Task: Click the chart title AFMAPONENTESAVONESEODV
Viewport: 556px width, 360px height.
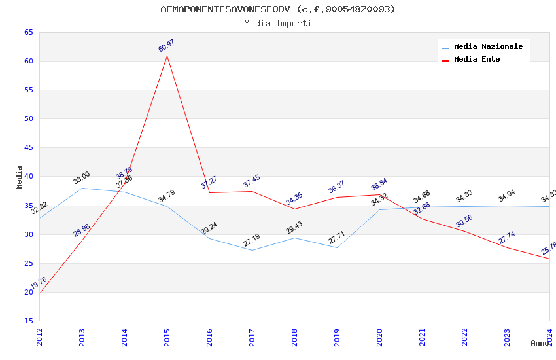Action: click(x=278, y=9)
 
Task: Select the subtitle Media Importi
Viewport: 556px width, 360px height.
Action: click(x=278, y=24)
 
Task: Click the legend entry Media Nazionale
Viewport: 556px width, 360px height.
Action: click(x=488, y=47)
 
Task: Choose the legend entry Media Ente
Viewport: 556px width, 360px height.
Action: click(x=476, y=60)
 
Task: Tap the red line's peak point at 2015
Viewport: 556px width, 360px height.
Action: click(x=167, y=56)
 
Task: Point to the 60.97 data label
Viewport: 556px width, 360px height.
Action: click(x=167, y=46)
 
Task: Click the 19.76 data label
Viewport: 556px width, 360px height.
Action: click(x=39, y=283)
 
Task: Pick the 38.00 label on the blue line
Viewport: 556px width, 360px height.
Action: click(x=82, y=177)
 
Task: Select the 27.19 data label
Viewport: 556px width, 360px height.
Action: click(x=252, y=240)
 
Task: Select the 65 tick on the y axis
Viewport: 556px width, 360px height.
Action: click(x=29, y=32)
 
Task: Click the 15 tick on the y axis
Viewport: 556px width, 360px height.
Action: click(x=29, y=321)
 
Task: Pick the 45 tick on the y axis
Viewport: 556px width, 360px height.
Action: click(x=29, y=148)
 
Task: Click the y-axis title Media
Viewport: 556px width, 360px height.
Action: click(x=20, y=177)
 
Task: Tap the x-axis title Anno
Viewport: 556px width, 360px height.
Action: click(x=540, y=343)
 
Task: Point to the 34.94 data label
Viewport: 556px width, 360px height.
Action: click(x=507, y=196)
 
